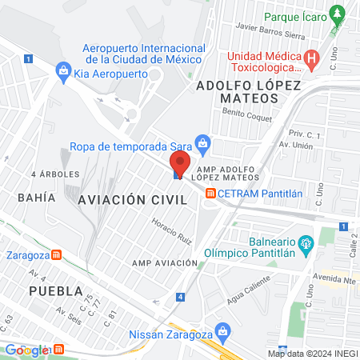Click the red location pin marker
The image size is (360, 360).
coord(179,164)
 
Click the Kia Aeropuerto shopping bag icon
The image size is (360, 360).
coord(62,72)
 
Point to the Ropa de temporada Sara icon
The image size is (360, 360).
coord(203,145)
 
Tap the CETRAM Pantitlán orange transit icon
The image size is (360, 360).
coord(210,193)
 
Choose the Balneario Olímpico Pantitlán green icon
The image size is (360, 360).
coord(304,242)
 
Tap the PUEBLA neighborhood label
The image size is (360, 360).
coord(54,290)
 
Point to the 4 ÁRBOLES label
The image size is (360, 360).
coord(55,174)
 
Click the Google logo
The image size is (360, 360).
coord(27,350)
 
